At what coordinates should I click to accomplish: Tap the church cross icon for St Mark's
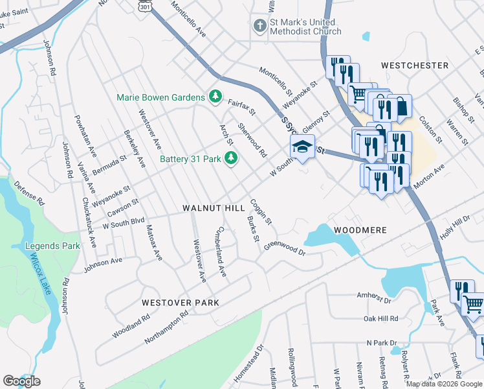259,26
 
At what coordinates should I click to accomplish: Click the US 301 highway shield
144,5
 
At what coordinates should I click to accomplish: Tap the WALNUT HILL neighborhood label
213,208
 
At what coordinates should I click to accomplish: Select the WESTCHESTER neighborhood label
415,65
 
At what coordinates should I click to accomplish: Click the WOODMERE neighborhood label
360,230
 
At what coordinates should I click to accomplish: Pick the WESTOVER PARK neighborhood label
181,303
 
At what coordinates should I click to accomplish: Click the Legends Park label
52,246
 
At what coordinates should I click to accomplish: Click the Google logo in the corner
21,381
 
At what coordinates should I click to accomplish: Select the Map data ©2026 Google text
444,384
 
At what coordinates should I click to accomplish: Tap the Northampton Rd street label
166,322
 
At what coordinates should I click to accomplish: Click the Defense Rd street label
29,193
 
